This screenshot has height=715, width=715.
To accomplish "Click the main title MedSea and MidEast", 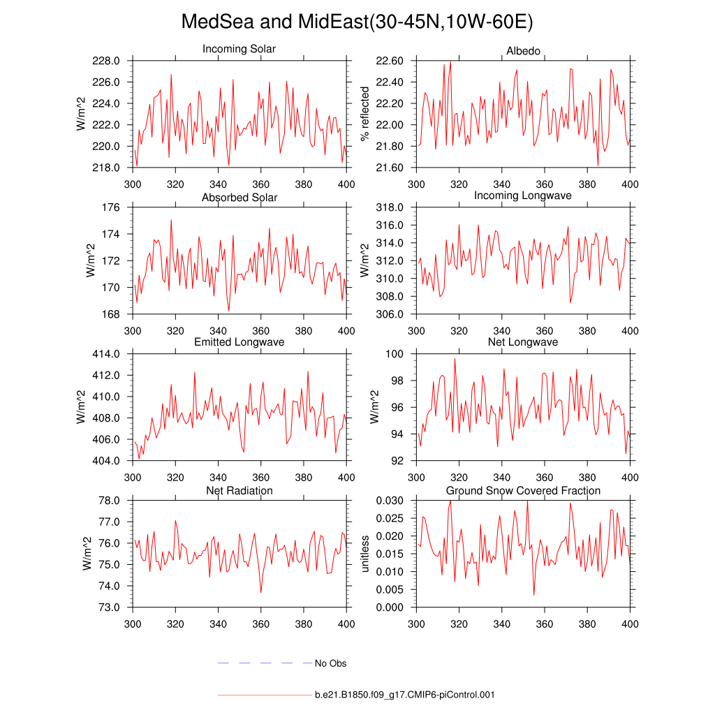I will point(357,22).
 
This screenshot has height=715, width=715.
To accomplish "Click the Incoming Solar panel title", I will point(239,50).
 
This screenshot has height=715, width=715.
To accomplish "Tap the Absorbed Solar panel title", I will point(239,198).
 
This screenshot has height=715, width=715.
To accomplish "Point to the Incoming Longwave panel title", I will point(523,196).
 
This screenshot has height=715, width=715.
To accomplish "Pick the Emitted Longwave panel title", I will point(239,342).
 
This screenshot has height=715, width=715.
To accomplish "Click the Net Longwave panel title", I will point(523,342).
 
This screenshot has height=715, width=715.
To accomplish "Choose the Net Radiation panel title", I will point(239,491).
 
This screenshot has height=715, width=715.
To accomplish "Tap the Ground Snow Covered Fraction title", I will point(523,491).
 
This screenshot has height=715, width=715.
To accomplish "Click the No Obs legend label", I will point(330,663).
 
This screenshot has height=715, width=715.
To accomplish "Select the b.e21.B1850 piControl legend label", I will point(405,695).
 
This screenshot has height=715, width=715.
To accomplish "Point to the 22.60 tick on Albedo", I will point(389,61).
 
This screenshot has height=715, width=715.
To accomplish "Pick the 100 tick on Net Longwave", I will point(396,354).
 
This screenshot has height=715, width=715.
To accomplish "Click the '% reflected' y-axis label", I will point(364,114).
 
